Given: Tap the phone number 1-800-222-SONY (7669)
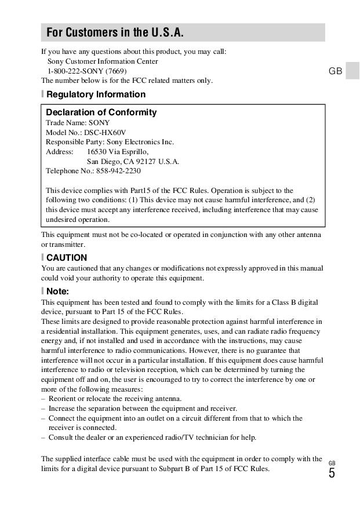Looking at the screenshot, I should [x=87, y=71].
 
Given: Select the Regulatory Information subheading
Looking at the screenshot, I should [x=96, y=94].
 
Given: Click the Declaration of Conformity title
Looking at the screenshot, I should [x=101, y=112].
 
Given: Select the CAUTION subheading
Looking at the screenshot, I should [x=67, y=258].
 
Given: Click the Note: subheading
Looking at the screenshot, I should [x=57, y=291].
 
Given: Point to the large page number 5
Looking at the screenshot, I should [x=332, y=473].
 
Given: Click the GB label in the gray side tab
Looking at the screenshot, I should [x=335, y=71].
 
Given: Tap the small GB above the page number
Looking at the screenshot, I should [x=332, y=462].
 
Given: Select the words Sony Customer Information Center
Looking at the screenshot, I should [x=103, y=61].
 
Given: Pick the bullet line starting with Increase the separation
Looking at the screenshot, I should [x=143, y=408].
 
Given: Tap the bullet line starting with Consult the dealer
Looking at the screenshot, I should [x=152, y=437].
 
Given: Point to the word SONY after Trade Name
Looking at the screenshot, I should [x=99, y=123].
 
